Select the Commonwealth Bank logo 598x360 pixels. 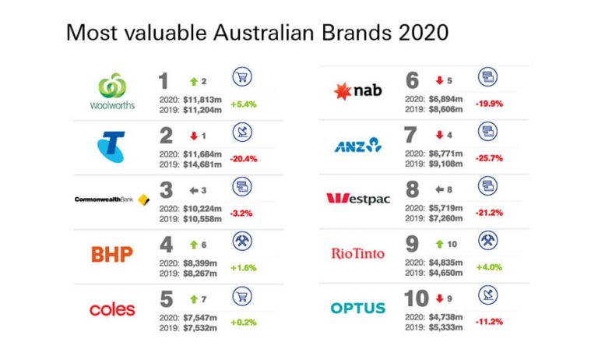point(111,200)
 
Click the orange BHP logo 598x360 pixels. point(112,254)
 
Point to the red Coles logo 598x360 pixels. point(112,309)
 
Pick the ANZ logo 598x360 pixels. point(357,144)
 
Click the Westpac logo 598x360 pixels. point(357,199)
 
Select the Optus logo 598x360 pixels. point(358,308)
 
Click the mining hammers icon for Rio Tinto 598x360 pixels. point(488,242)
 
